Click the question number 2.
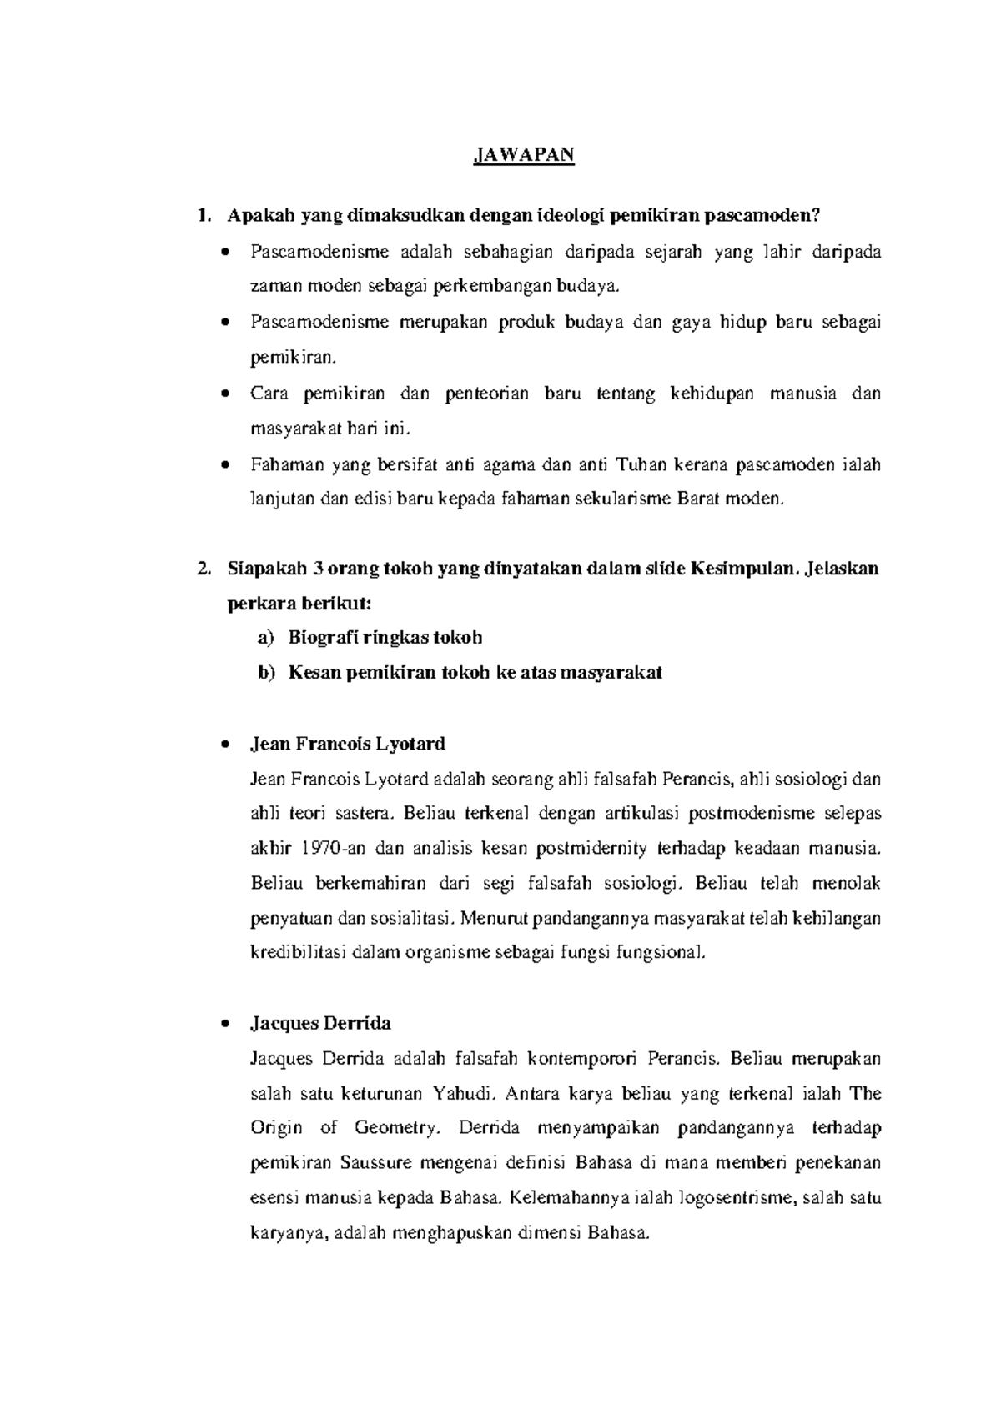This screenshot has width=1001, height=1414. (200, 569)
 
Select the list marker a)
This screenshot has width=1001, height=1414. (265, 639)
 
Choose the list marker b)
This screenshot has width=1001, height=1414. (265, 673)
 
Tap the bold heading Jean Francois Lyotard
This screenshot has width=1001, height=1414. (348, 744)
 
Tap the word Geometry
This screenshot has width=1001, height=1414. (395, 1129)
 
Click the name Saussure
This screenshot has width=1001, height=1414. (380, 1163)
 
